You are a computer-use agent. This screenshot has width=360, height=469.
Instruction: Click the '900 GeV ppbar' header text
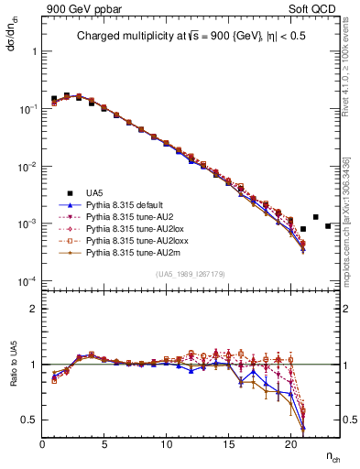click(x=75, y=8)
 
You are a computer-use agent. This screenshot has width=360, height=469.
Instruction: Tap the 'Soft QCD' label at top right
click(x=319, y=8)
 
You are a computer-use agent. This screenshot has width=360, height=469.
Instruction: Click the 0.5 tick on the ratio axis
click(x=28, y=420)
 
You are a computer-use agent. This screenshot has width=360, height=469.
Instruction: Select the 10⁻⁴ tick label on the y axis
click(x=26, y=280)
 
